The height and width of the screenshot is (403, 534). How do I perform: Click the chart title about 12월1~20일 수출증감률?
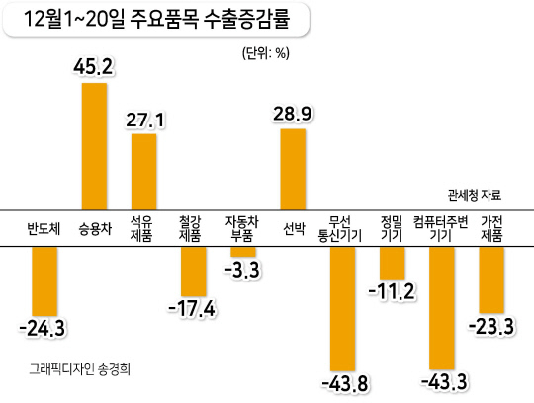pos(156,19)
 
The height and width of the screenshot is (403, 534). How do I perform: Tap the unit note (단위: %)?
pos(266,53)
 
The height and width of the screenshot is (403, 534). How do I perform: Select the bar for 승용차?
pos(94,146)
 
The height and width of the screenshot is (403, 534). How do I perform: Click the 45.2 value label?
pos(93,66)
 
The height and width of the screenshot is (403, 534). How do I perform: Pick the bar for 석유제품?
pos(144,172)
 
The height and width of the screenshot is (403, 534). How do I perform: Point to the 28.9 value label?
pos(292,114)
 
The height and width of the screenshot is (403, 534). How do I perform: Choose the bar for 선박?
pos(293,169)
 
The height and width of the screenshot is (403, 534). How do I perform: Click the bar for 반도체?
pos(44,282)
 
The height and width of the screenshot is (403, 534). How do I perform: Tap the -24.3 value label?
pos(43,329)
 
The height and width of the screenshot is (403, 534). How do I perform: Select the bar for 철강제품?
pos(194,272)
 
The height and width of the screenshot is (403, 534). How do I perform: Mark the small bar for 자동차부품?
pos(243,252)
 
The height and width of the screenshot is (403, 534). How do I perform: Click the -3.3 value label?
pos(242,270)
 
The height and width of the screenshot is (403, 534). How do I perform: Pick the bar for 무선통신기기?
pos(342,309)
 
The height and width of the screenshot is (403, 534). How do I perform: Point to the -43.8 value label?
pos(345,384)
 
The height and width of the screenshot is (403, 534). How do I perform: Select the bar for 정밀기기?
pos(393,263)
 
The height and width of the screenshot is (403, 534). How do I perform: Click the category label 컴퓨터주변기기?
pos(441,229)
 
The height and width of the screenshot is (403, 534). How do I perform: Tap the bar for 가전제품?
pos(491,281)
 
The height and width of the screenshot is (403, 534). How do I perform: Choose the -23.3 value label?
pos(491,327)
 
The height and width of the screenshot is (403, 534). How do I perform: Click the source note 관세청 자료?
pos(475,196)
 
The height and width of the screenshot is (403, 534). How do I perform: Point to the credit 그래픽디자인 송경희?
pos(80,369)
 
